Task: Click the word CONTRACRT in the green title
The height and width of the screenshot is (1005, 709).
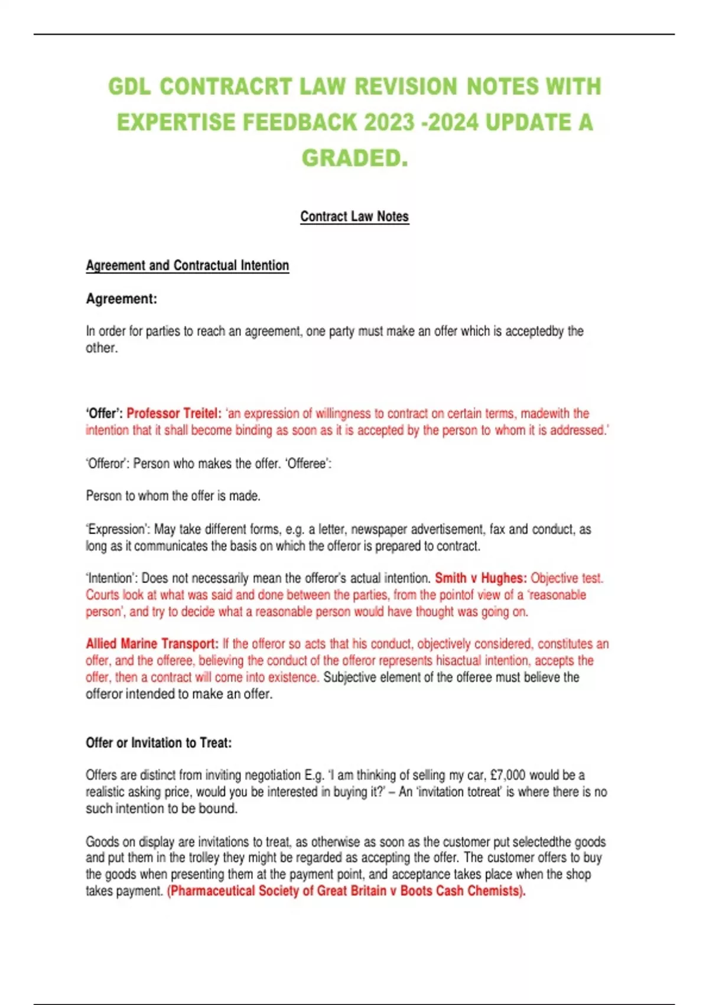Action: pos(226,87)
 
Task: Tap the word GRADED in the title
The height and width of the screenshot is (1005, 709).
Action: pos(352,158)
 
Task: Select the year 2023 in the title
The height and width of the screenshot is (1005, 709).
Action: pos(389,122)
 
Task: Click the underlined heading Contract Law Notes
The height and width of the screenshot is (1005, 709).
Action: pos(354,216)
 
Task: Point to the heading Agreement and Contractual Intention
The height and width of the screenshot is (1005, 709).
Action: pos(187,265)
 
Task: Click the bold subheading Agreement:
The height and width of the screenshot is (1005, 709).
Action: pos(122,299)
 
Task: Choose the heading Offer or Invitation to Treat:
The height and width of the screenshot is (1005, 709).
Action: pos(158,743)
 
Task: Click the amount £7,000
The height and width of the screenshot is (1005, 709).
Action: pos(507,775)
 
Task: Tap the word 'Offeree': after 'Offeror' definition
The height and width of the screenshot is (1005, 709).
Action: pos(308,463)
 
